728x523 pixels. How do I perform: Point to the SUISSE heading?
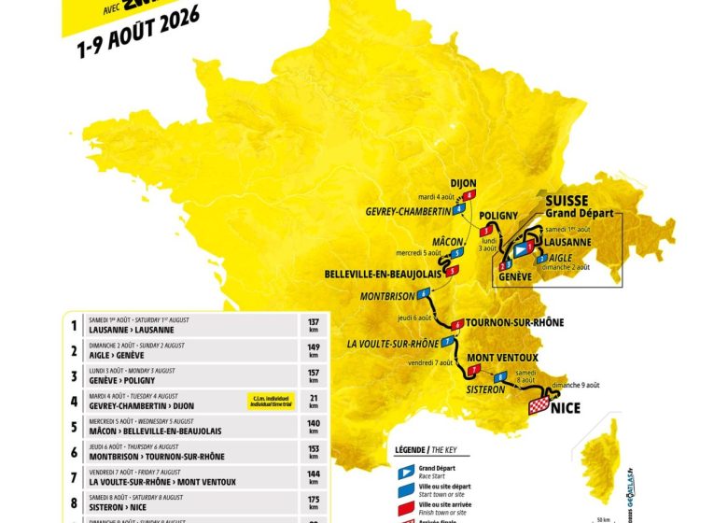(566, 201)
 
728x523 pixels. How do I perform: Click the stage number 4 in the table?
(74, 402)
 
